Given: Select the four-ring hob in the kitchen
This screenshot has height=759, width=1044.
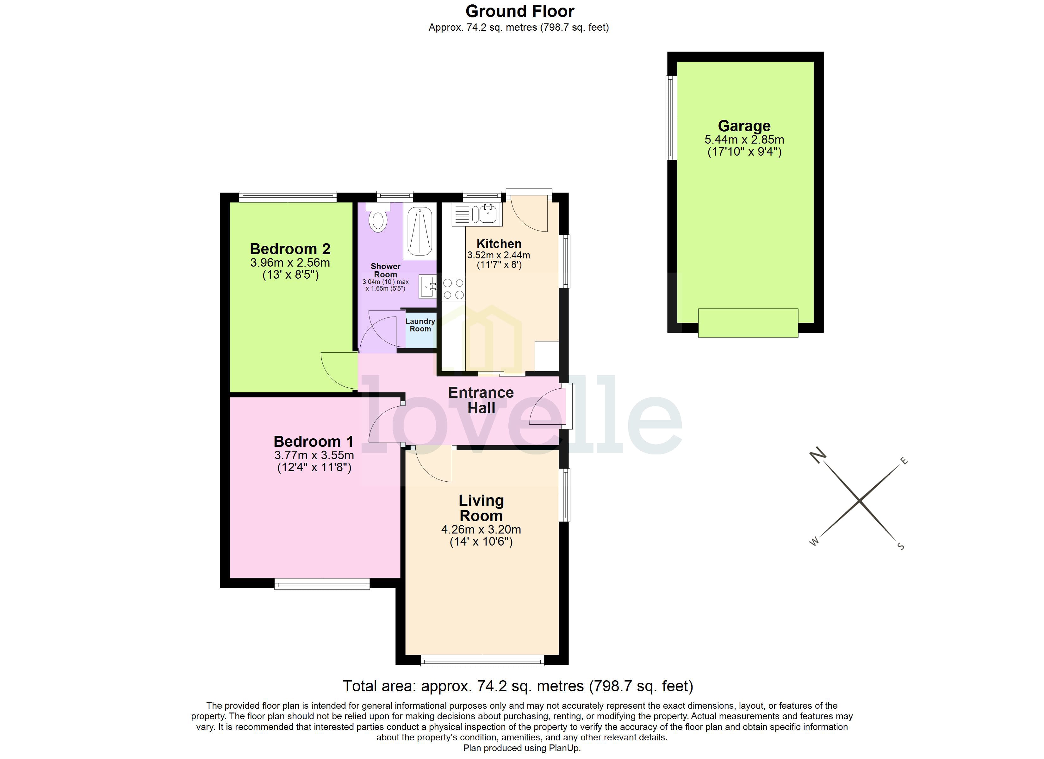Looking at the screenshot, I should (453, 289).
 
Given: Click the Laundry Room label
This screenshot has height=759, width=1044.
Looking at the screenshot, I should (420, 325).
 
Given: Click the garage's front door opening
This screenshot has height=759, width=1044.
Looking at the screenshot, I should (748, 323).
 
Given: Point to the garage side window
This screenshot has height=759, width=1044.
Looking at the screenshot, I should (672, 118).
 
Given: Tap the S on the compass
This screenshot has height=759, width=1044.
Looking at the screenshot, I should (901, 546).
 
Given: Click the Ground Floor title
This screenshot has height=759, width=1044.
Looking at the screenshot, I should (520, 11).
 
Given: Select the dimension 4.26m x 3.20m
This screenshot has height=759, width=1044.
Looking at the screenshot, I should (481, 529).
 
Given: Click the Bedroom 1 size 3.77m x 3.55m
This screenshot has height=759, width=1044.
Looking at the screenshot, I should (314, 455).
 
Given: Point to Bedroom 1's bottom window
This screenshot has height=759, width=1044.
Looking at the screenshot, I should (322, 583).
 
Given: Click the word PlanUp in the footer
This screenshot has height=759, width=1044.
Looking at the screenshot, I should (564, 748).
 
